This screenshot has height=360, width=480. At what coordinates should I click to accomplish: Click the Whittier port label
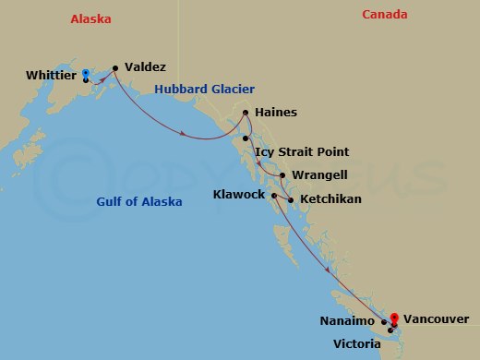(51, 75)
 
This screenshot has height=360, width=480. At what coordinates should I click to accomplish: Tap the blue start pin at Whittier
(85, 74)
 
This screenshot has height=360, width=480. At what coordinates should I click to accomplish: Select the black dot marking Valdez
(115, 67)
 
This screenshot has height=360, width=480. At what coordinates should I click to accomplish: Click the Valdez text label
(145, 67)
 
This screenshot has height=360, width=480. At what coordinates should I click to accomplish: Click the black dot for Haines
(246, 114)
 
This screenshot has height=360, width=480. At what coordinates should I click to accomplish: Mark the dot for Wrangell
(282, 174)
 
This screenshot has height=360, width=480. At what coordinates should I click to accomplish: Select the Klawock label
(238, 195)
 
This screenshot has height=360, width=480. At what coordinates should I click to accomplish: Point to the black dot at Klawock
(274, 195)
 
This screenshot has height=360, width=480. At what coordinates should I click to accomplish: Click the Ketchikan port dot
(292, 199)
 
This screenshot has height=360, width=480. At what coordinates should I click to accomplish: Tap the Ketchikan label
(330, 198)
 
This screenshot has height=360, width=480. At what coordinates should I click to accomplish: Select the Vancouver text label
(436, 318)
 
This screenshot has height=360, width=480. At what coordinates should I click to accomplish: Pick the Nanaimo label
(347, 320)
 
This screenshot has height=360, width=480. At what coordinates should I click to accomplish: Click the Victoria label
(356, 343)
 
